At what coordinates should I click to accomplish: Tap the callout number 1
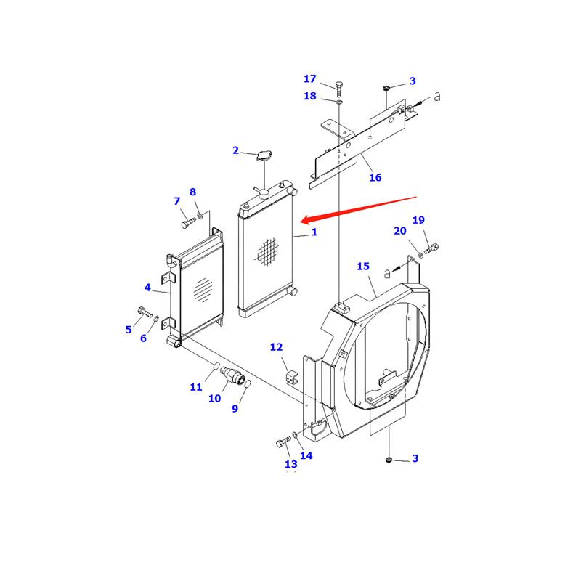[314, 232]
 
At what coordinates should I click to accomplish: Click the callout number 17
[310, 78]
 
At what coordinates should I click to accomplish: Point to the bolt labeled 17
[339, 87]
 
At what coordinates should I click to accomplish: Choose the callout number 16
[375, 177]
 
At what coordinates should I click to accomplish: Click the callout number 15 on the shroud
[364, 267]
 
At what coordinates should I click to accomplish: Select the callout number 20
[400, 231]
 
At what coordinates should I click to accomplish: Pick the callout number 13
[291, 464]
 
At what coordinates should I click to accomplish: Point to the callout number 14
[306, 455]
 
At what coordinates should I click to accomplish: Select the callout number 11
[196, 387]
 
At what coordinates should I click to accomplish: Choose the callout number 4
[147, 288]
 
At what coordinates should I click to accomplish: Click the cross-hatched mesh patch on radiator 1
[267, 251]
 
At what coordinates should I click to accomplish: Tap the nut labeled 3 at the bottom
[390, 459]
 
